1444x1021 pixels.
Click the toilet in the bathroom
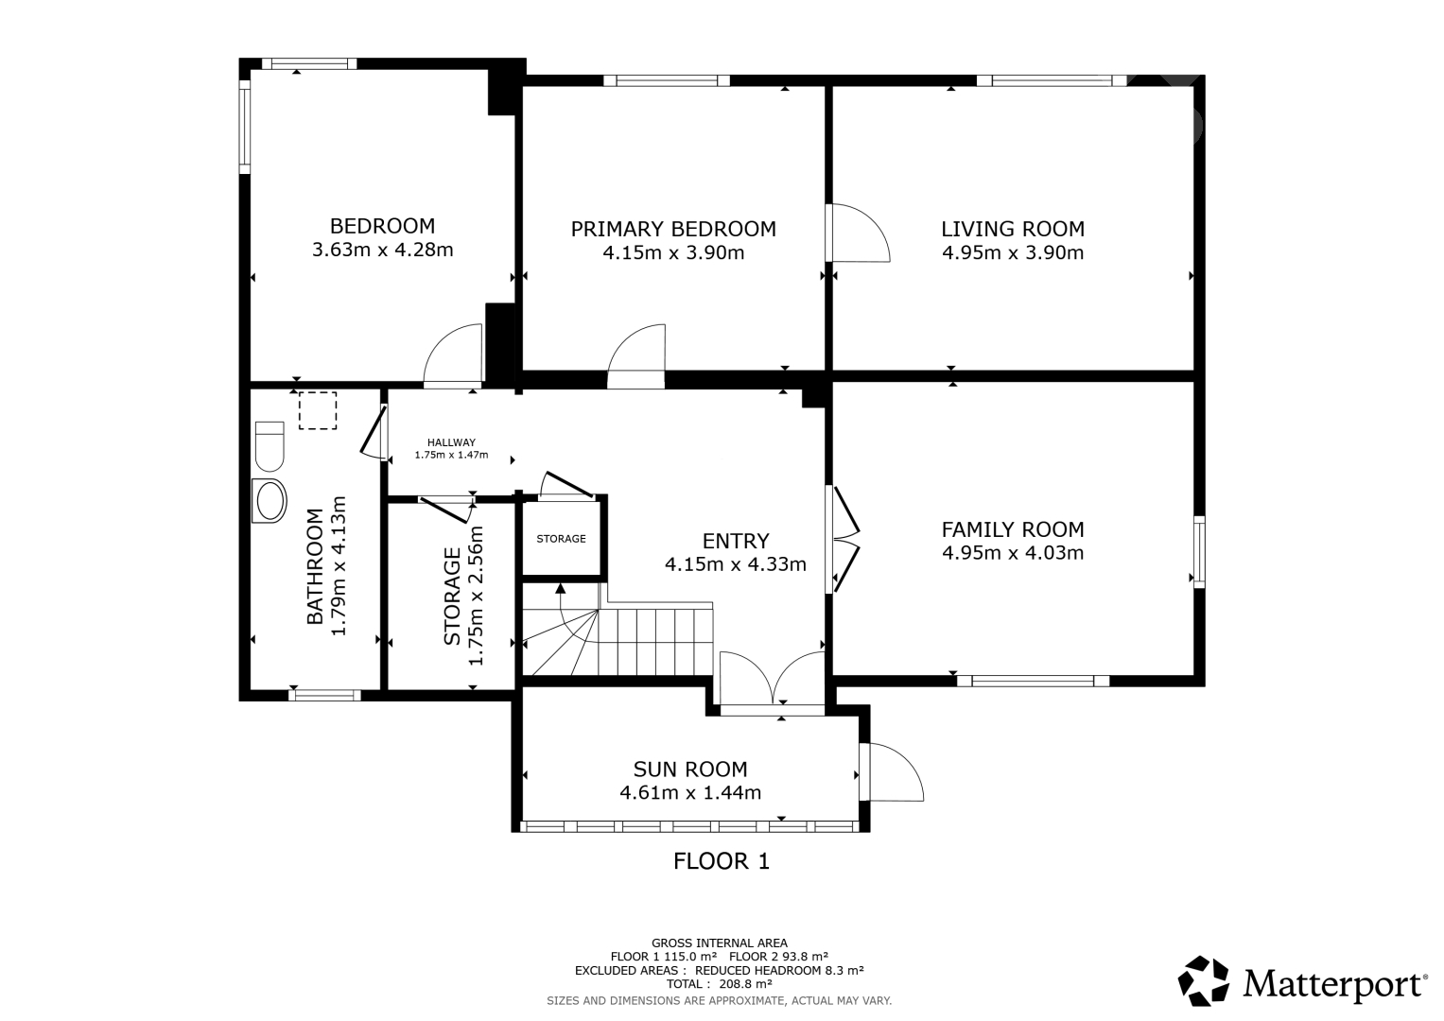(x=270, y=446)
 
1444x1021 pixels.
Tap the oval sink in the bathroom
(x=270, y=501)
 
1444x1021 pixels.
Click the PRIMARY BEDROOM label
(x=673, y=229)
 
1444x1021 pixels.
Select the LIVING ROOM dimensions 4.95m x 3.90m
(x=1013, y=252)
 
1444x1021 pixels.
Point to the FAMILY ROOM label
(x=1013, y=529)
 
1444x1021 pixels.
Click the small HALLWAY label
(x=451, y=442)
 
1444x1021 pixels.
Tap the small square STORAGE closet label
(x=561, y=538)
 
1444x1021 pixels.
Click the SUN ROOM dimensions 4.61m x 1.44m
(x=690, y=792)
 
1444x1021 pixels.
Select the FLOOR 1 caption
(x=722, y=861)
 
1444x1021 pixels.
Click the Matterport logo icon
(x=1203, y=980)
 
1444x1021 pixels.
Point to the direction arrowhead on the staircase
(x=560, y=588)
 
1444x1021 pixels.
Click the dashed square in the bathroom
(x=318, y=410)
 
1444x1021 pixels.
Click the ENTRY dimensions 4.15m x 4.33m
(x=736, y=564)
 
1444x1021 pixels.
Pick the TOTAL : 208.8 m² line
(x=720, y=983)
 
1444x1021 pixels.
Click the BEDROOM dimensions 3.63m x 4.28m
(x=383, y=250)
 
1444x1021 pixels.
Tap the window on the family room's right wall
(x=1198, y=552)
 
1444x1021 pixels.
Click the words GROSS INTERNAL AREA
(x=720, y=943)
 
